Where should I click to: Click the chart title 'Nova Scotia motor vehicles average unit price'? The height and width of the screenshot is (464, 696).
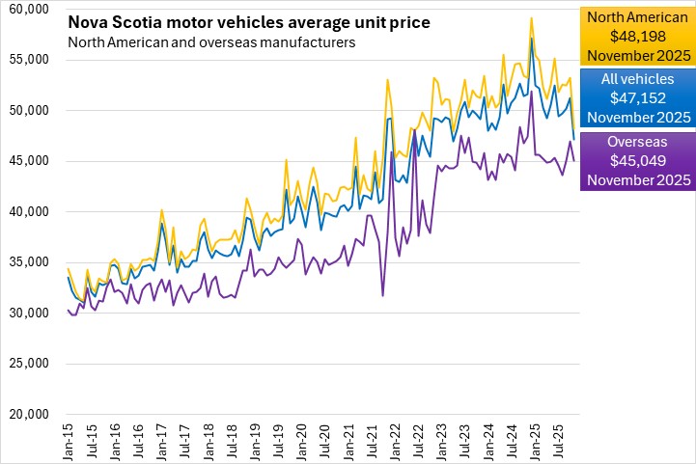(249, 22)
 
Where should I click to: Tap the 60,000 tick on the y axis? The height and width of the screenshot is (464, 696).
(29, 9)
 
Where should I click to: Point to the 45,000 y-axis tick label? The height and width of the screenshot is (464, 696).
(29, 161)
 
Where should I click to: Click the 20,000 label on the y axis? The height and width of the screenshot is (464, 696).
(29, 415)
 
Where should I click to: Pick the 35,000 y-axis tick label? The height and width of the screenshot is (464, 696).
(29, 262)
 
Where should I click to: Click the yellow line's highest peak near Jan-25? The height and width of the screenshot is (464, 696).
(531, 17)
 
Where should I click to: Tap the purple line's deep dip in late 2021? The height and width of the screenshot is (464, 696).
(383, 295)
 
